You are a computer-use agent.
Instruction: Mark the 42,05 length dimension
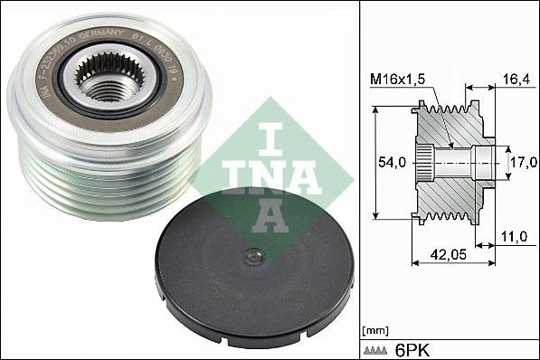(x=441, y=255)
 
